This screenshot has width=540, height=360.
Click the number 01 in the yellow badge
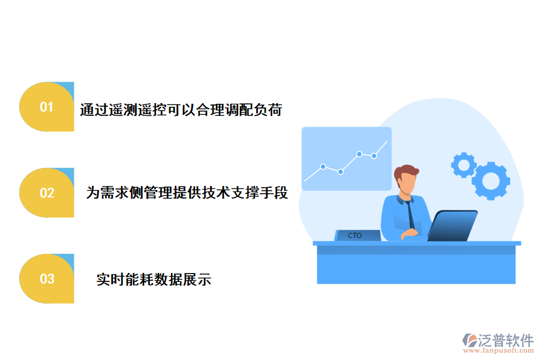47,107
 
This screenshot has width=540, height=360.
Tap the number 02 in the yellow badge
47,193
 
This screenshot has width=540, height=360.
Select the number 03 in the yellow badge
47,279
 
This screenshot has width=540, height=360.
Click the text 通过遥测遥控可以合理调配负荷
181,110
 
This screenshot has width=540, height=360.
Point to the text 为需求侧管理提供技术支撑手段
187,193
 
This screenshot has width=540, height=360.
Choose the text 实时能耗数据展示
154,280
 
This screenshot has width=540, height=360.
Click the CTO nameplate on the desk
356,236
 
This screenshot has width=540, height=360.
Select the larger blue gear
491,180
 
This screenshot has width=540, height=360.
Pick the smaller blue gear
463,164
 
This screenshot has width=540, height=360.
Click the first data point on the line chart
323,166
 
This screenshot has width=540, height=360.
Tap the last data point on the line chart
374,156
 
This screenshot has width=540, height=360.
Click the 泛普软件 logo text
505,340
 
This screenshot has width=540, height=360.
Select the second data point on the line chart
340,172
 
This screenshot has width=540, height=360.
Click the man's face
407,182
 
